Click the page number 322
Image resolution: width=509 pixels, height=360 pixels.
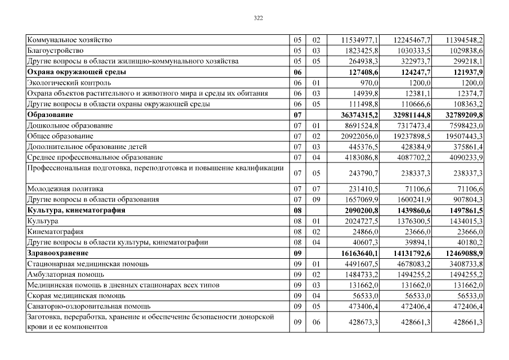point(258,18)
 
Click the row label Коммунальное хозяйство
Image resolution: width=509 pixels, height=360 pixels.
point(70,40)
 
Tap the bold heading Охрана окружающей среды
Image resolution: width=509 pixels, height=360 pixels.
point(76,72)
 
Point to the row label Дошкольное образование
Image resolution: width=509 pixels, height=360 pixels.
point(70,125)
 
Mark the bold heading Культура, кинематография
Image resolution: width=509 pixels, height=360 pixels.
point(76,210)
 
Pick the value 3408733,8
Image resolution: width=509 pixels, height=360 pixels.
point(465,263)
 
